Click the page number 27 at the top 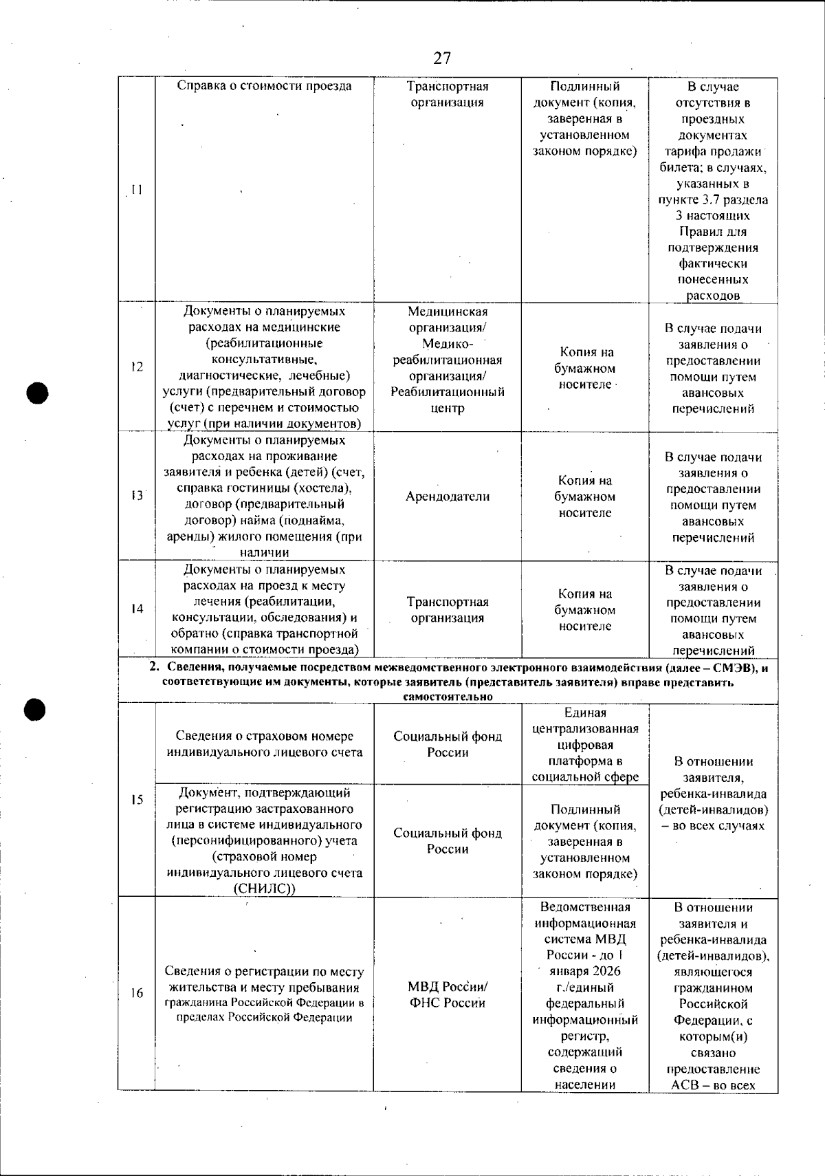443,58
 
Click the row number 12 137,367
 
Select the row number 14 137,609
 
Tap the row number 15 137,799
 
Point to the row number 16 137,993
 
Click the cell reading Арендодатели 448,497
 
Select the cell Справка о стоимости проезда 265,87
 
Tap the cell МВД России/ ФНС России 448,994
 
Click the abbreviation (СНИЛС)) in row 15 265,889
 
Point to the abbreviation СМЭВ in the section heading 732,668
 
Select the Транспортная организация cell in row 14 448,610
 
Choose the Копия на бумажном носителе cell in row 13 585,497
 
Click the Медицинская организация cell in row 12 448,360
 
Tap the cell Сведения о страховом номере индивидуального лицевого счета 265,744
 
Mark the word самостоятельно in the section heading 448,697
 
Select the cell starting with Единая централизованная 585,745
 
